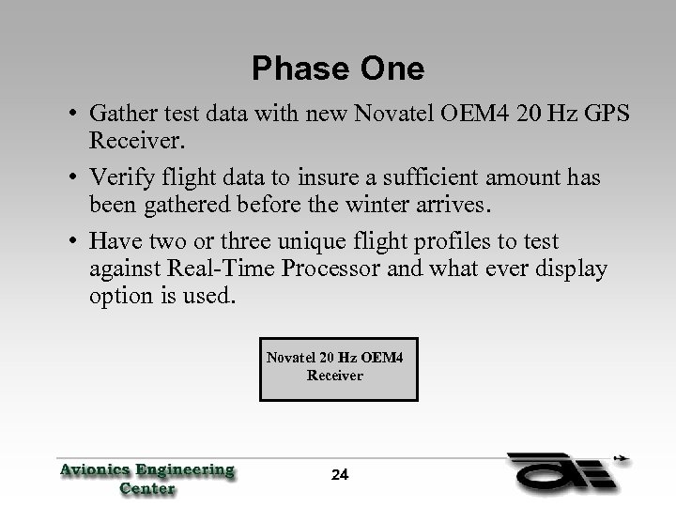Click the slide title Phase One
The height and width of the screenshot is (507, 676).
point(338,69)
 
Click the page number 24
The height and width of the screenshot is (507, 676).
point(340,475)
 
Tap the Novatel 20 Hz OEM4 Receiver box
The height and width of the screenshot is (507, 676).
point(335,366)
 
